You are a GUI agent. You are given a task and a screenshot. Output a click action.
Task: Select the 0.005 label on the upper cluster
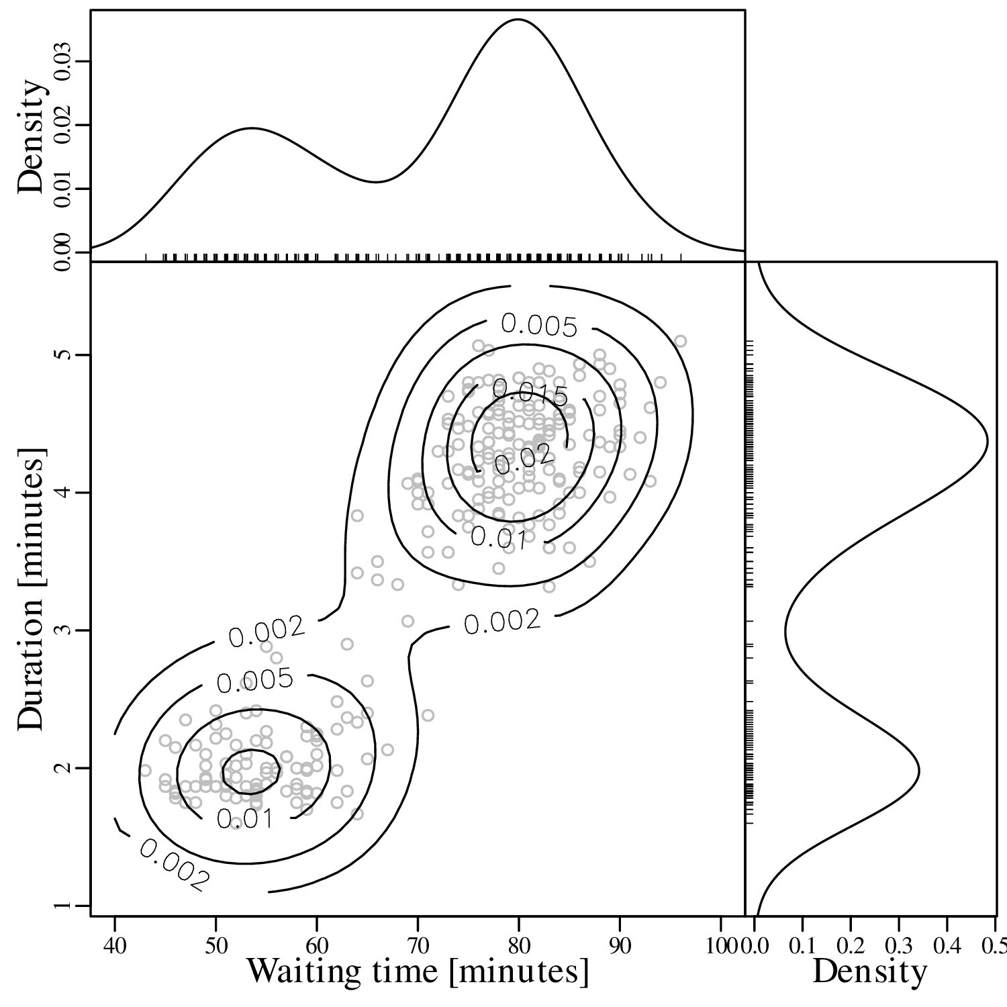click(x=539, y=326)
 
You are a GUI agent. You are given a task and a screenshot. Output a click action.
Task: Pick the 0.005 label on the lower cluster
click(x=255, y=681)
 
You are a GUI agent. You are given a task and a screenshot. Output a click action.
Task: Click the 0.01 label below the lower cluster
click(x=244, y=818)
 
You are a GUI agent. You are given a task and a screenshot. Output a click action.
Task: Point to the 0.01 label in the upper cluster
click(x=497, y=537)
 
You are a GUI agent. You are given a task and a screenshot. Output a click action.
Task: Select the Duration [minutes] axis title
click(x=32, y=587)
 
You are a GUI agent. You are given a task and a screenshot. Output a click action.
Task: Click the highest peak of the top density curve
click(x=518, y=19)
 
